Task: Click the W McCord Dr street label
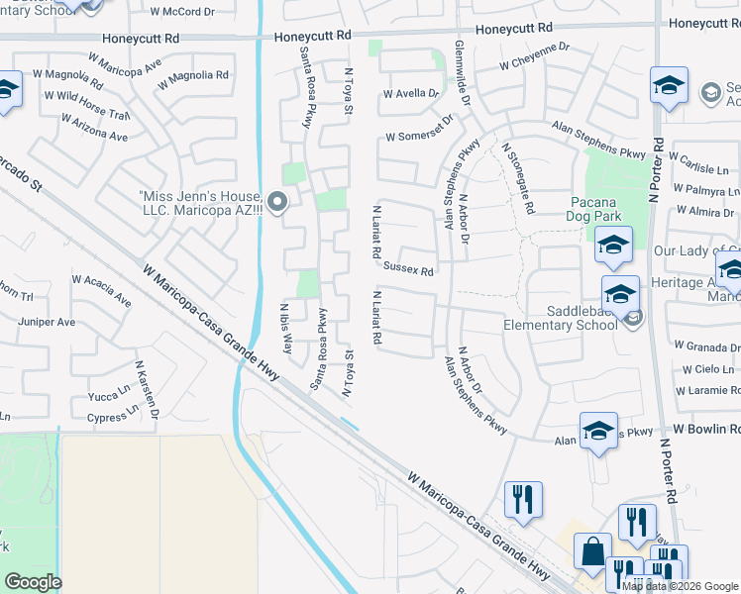click(x=181, y=13)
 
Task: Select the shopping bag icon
click(x=592, y=552)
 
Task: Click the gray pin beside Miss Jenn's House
click(x=277, y=204)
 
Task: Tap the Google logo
click(x=33, y=582)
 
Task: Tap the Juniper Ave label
click(x=47, y=322)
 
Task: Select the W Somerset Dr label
click(x=418, y=129)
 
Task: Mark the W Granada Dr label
click(x=707, y=347)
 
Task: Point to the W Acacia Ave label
click(x=100, y=289)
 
